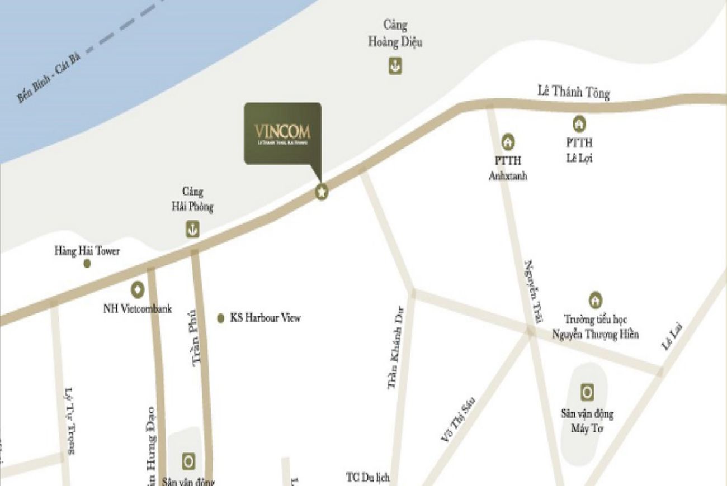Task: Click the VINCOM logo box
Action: [282, 133]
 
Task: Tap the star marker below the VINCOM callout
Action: [322, 192]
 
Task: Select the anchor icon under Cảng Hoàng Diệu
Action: [395, 66]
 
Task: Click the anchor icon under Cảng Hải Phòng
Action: [192, 229]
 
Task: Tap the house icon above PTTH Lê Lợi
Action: [579, 123]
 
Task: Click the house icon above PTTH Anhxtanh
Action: [508, 142]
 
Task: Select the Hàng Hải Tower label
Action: [87, 251]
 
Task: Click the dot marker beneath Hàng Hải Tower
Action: [87, 264]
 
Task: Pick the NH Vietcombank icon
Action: [137, 289]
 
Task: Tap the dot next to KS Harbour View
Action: [221, 318]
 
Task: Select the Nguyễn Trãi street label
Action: [534, 292]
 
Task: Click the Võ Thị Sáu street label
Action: [457, 420]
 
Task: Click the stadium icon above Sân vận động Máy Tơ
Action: [587, 393]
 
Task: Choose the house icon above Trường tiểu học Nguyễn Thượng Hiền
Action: [596, 299]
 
